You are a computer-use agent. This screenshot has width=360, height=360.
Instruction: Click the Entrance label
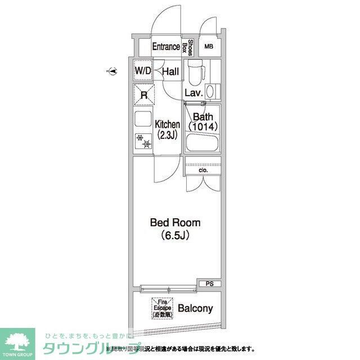click(x=166, y=47)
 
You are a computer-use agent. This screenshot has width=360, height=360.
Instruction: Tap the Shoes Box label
click(x=191, y=47)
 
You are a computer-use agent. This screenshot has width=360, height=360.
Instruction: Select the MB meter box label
click(x=209, y=47)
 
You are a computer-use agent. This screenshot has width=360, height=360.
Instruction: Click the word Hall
click(x=170, y=71)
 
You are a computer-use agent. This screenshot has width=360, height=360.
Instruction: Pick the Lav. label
click(x=193, y=93)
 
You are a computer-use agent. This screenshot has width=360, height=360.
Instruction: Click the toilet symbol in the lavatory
click(x=195, y=73)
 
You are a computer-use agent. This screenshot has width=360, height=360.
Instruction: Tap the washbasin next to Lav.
click(x=211, y=91)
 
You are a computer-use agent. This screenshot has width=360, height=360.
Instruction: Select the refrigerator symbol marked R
click(x=144, y=95)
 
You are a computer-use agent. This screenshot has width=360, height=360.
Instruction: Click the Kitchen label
click(x=167, y=124)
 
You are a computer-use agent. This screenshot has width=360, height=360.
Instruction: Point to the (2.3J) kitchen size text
click(x=167, y=135)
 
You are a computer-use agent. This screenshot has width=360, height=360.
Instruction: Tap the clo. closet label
click(x=203, y=169)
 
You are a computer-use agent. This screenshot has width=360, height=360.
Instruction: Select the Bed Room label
click(x=175, y=223)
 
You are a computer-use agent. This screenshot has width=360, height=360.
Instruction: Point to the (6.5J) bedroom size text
click(x=175, y=235)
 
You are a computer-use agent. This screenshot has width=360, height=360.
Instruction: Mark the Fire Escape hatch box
click(x=161, y=308)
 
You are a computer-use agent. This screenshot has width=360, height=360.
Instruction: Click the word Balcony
click(x=195, y=308)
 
